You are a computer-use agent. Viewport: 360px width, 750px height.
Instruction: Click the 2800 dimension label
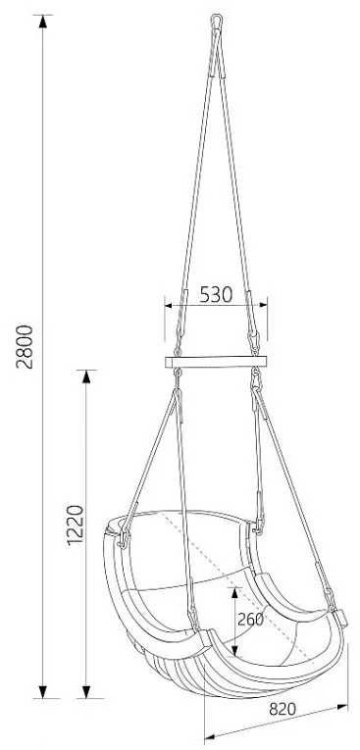click(25, 347)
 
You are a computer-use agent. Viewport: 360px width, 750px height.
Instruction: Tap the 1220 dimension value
click(75, 525)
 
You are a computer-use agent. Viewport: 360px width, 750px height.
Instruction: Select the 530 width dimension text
click(216, 295)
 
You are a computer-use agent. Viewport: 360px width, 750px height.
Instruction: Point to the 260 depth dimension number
click(251, 620)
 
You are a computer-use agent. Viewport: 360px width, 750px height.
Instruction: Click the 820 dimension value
click(283, 709)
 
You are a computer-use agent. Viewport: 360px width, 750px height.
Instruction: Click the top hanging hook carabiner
click(217, 22)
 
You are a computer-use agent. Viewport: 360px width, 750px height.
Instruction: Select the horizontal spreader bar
click(216, 362)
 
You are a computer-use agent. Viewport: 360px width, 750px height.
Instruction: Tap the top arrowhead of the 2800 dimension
click(42, 22)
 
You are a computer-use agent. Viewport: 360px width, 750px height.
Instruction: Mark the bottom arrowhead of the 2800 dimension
click(42, 691)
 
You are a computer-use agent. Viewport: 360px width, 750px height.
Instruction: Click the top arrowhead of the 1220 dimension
click(86, 376)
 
